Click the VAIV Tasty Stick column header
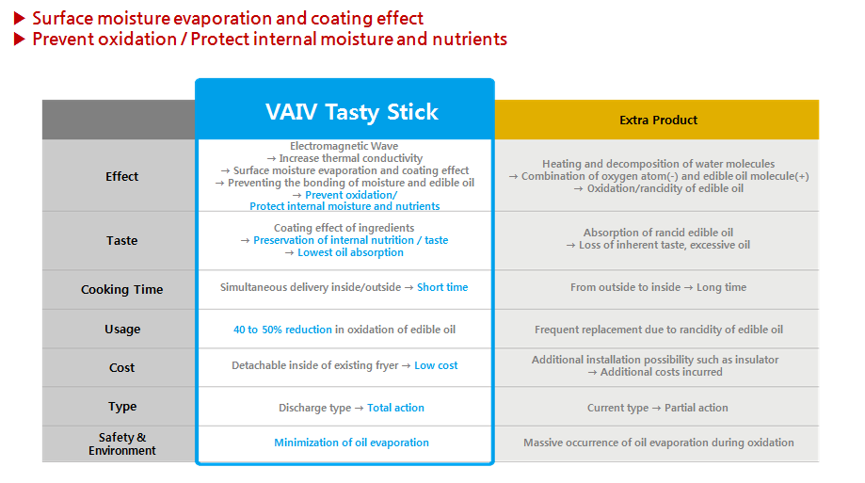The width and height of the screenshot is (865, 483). (351, 112)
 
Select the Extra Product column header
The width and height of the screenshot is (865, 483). (658, 120)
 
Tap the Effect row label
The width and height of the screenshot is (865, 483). (122, 177)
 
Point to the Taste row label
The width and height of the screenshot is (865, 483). (122, 241)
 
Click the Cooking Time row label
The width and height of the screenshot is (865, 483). (122, 290)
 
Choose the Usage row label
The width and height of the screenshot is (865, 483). (122, 330)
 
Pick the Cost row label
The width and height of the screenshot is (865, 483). (122, 367)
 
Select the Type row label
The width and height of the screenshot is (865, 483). (122, 407)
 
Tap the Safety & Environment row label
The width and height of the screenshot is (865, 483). (122, 443)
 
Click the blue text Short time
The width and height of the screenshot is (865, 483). (442, 287)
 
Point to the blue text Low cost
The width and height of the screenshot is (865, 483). (436, 365)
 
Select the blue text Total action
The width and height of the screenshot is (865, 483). (395, 408)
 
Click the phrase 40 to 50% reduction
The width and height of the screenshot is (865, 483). (282, 330)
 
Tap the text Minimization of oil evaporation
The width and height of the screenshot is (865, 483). (351, 443)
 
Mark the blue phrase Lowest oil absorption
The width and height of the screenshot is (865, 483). (350, 252)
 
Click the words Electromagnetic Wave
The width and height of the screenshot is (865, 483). (344, 146)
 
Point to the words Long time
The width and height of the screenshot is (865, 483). (722, 287)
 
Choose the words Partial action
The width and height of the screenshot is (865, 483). (697, 408)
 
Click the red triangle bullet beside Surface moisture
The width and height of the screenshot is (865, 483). (20, 18)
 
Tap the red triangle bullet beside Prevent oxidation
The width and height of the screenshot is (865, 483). (20, 40)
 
